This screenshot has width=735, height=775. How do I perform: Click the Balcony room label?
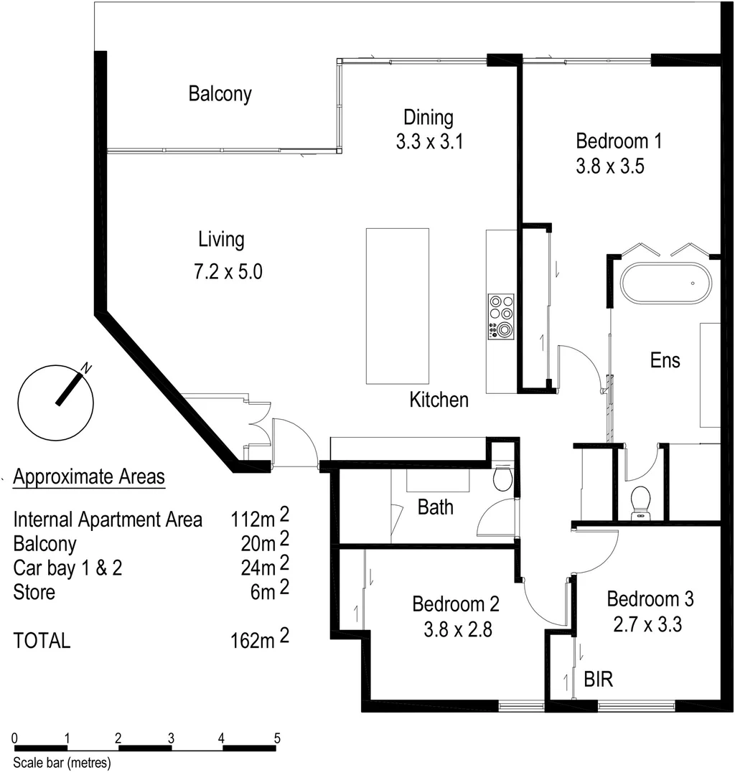(220, 94)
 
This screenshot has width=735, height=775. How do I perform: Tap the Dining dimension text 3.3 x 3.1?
(429, 142)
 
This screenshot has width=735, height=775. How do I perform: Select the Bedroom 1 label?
(618, 140)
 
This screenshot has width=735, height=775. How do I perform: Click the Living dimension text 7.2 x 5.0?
(222, 272)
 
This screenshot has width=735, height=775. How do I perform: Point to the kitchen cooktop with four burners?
(500, 316)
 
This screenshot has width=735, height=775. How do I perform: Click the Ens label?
(665, 360)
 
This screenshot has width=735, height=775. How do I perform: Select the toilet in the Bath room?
(502, 477)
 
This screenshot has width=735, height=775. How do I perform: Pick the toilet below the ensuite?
(640, 502)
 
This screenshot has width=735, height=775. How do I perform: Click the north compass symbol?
(55, 402)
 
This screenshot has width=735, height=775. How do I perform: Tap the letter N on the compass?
(87, 368)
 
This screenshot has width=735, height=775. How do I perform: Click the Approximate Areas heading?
(89, 476)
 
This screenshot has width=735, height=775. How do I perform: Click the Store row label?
(34, 592)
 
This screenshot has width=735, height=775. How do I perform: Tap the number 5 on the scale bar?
(276, 738)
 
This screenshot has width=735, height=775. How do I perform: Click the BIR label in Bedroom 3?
(598, 679)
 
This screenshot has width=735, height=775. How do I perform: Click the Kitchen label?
(439, 400)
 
